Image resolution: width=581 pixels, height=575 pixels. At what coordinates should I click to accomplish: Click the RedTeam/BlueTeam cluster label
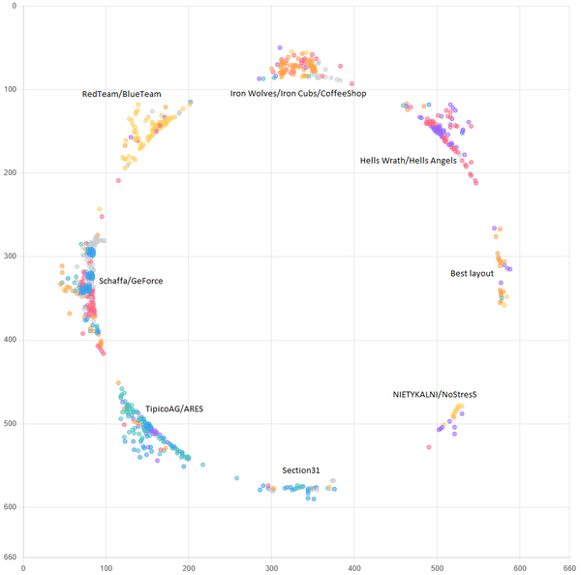point(121,94)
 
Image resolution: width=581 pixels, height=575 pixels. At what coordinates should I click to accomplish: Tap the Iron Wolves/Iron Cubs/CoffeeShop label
point(297,94)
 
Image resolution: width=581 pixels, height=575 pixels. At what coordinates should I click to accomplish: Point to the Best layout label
point(474,273)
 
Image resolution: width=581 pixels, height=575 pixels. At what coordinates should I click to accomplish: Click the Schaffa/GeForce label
point(131,281)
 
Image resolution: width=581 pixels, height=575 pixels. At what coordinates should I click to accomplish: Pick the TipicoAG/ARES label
point(174,409)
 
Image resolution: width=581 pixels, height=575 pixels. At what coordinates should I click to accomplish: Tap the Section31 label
point(301,470)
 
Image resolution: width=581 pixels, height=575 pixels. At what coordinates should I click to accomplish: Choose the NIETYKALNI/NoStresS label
point(435,395)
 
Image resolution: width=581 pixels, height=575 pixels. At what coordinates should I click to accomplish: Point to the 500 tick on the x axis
point(437,568)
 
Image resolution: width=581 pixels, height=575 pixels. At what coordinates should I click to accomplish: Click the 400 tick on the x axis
point(354,568)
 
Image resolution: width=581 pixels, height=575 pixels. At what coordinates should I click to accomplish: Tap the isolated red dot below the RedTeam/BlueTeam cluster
point(118,180)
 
